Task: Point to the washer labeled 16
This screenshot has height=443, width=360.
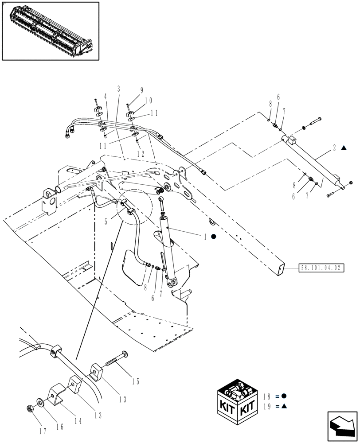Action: (x=41, y=403)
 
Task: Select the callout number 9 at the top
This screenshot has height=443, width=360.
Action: (x=141, y=90)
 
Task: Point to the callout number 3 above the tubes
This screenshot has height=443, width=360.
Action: (x=118, y=89)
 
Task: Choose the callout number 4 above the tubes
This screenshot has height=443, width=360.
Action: (x=106, y=96)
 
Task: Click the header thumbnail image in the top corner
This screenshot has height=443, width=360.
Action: (x=51, y=31)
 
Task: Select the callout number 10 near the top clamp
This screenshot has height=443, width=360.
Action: (x=149, y=101)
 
